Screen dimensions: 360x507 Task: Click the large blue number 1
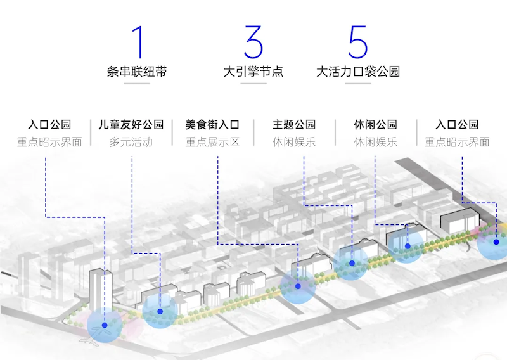(x=138, y=42)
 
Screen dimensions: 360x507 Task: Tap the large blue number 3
(x=253, y=42)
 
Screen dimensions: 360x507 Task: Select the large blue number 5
(x=357, y=42)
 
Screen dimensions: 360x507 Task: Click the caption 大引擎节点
(x=253, y=72)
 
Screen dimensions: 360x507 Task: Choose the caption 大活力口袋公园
(x=358, y=72)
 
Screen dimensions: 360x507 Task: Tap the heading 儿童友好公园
(x=131, y=124)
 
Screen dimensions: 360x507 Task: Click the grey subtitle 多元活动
(x=131, y=142)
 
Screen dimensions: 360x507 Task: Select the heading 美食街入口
(x=212, y=124)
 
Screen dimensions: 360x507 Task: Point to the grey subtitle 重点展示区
(x=212, y=142)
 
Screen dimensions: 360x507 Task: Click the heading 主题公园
(x=294, y=124)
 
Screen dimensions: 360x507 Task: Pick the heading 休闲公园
(x=375, y=124)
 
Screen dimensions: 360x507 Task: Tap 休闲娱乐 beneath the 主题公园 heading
(x=294, y=142)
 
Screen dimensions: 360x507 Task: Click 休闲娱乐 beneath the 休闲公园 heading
(x=375, y=142)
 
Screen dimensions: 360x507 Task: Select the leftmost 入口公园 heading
(x=49, y=124)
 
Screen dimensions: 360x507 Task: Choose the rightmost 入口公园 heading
(x=457, y=124)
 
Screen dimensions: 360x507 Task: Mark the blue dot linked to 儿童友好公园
(x=160, y=311)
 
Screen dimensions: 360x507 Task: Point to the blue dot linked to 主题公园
(x=352, y=262)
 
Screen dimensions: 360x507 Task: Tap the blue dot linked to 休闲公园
(x=408, y=246)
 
